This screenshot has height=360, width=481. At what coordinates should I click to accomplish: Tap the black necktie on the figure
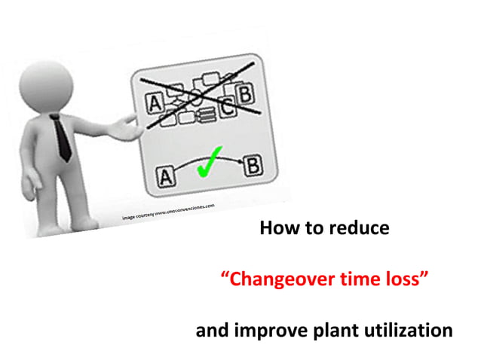63,136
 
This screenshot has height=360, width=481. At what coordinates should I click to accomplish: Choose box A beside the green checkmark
165,177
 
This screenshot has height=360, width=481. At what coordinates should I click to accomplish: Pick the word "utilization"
406,330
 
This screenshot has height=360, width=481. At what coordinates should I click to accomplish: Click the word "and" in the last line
211,330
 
